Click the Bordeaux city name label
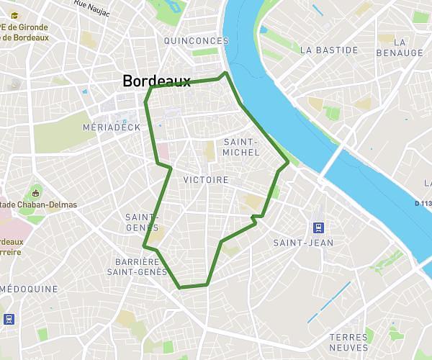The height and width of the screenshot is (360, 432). (156, 81)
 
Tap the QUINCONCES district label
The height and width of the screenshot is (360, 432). (196, 41)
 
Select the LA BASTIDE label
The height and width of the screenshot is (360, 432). (329, 50)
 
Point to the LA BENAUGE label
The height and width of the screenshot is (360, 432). (400, 48)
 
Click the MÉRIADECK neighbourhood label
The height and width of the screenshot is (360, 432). (112, 127)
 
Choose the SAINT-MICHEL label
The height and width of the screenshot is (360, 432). (241, 147)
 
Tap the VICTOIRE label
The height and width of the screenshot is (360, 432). (206, 179)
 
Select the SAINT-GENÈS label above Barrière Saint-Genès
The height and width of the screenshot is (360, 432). (142, 222)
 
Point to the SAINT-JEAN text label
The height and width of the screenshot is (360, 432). (303, 243)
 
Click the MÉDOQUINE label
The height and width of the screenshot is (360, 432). (29, 289)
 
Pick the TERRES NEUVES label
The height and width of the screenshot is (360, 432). (348, 343)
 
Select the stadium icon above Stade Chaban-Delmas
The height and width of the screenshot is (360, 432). (36, 192)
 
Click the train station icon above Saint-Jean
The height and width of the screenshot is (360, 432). (318, 228)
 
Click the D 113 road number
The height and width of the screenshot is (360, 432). (423, 203)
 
